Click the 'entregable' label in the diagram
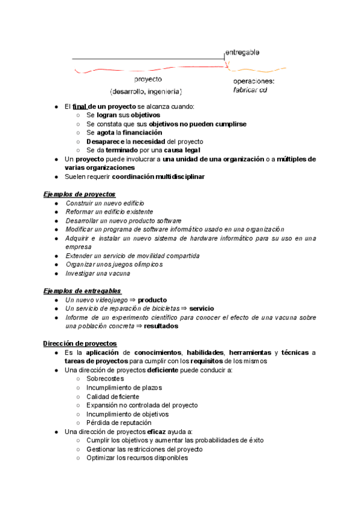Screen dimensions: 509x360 [242, 52]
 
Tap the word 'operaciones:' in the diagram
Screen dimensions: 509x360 [253, 81]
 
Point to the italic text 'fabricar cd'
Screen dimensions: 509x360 [250, 90]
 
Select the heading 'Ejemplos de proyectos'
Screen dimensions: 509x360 [79, 194]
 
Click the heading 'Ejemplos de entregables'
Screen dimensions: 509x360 [82, 291]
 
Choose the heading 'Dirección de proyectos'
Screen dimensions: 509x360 [79, 343]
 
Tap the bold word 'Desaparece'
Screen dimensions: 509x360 [105, 142]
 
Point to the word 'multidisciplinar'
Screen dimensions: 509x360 [176, 177]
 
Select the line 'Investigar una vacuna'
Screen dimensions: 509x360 [98, 274]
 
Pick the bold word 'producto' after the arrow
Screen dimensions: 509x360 [152, 300]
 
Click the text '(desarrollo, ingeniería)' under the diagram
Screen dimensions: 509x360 [146, 92]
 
